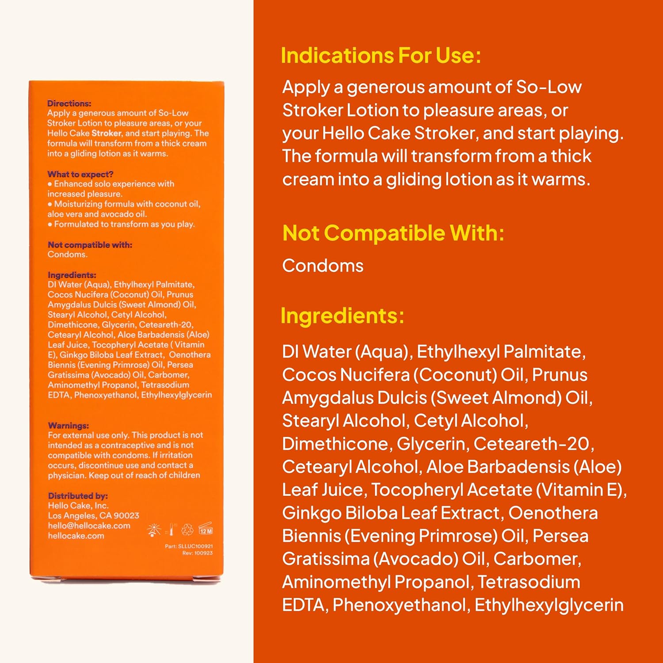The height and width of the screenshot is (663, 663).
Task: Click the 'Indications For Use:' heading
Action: [x=381, y=56]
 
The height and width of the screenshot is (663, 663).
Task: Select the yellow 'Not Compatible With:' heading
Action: [x=393, y=233]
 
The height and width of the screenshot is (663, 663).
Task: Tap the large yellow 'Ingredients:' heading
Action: [x=342, y=316]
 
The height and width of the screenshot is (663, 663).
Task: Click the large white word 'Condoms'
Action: [x=323, y=266]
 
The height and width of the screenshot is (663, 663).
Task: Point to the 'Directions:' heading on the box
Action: [x=69, y=103]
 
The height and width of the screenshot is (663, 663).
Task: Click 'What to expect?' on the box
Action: [x=80, y=174]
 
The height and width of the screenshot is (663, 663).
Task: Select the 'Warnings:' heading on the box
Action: [x=68, y=426]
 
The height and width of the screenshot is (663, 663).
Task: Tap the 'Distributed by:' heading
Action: [x=78, y=496]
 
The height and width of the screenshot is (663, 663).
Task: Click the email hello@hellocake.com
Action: [x=89, y=526]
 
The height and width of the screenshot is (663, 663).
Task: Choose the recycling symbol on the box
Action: [x=187, y=530]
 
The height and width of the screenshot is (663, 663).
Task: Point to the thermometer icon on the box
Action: [x=171, y=530]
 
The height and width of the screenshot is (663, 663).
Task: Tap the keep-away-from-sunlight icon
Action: [x=153, y=530]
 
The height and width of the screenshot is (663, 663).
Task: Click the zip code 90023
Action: [x=126, y=516]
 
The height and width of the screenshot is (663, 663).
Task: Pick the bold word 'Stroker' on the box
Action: [x=106, y=133]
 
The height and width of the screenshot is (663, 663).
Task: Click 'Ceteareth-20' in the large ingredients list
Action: [x=533, y=444]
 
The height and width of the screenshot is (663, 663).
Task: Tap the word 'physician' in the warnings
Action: [x=66, y=476]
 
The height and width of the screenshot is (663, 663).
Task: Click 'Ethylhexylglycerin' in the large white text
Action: [x=549, y=605]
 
